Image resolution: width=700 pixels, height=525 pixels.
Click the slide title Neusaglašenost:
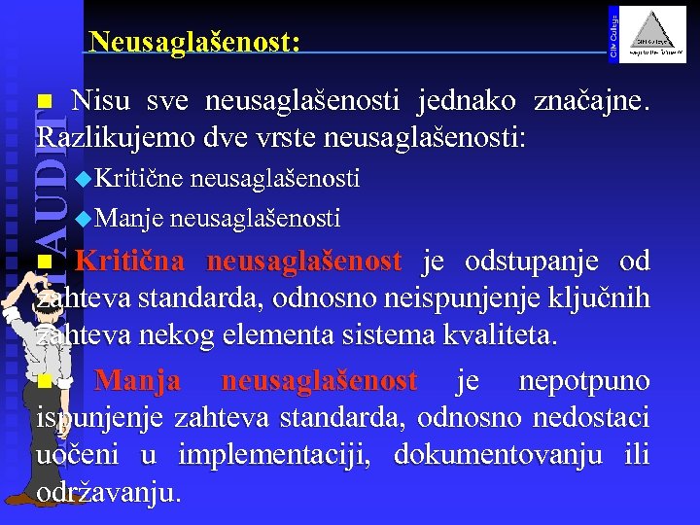(193, 42)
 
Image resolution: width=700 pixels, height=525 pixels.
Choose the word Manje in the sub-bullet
(132, 217)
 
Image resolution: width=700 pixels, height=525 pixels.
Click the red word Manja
(137, 380)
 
